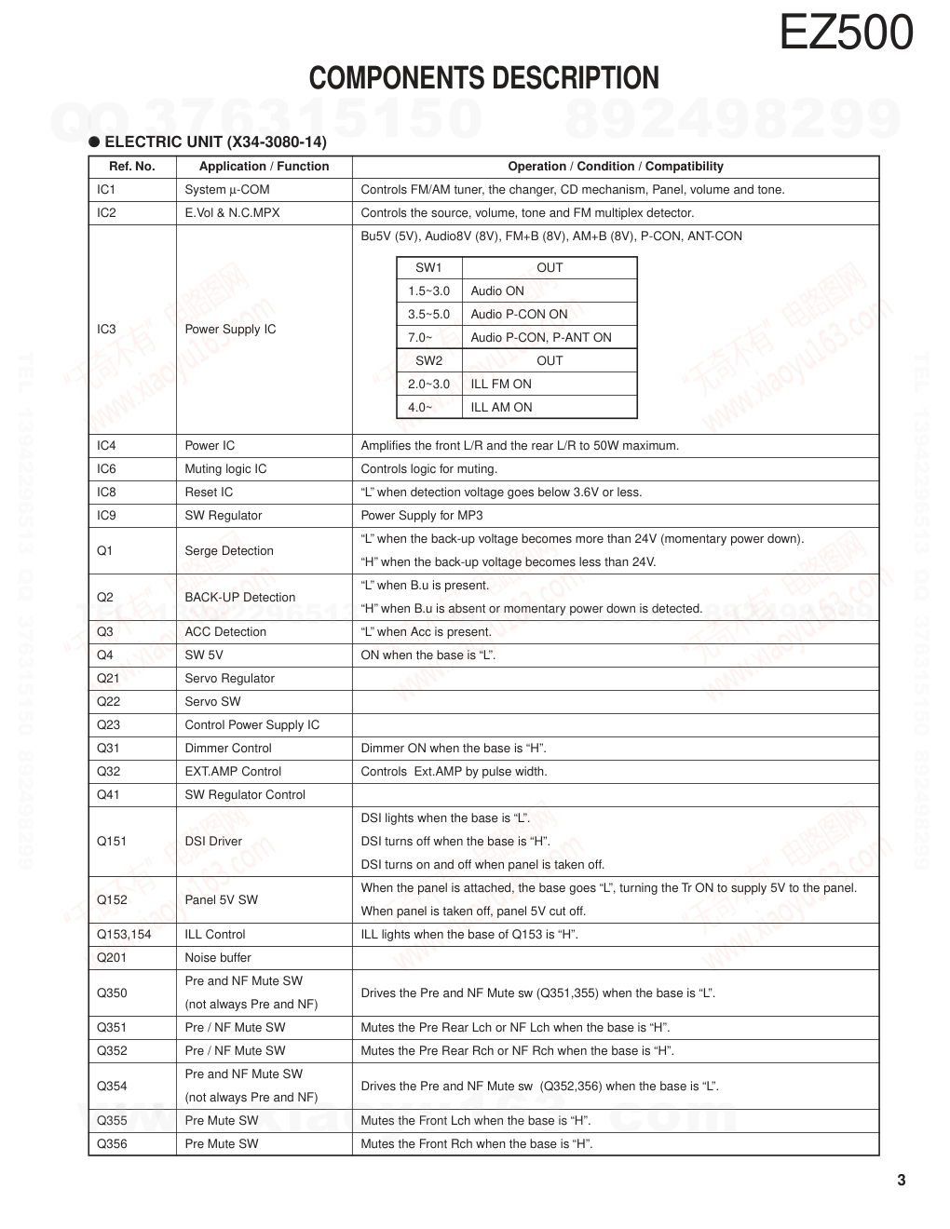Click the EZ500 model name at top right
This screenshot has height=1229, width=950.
[x=846, y=34]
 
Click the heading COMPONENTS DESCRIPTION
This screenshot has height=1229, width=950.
[x=483, y=78]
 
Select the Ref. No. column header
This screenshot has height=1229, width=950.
[x=132, y=167]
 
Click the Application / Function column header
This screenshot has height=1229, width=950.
[x=264, y=167]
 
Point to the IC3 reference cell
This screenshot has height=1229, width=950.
[x=107, y=330]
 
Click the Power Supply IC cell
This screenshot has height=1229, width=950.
[x=230, y=330]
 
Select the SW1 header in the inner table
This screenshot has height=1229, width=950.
[x=428, y=268]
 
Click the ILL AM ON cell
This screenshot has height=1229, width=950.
[x=501, y=408]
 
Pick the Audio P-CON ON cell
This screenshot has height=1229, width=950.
[x=519, y=315]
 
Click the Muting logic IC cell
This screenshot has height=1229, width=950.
[x=225, y=469]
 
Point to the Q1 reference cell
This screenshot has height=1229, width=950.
[x=105, y=551]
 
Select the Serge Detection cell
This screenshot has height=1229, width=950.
[x=229, y=551]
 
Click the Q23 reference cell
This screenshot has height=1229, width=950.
[x=109, y=725]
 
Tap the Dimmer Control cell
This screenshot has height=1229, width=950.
[x=228, y=749]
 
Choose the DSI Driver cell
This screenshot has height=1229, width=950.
[x=213, y=842]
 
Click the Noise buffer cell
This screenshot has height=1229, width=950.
[x=218, y=958]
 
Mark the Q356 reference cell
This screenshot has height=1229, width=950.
[x=112, y=1144]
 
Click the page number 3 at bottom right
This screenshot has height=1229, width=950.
[x=901, y=1182]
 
